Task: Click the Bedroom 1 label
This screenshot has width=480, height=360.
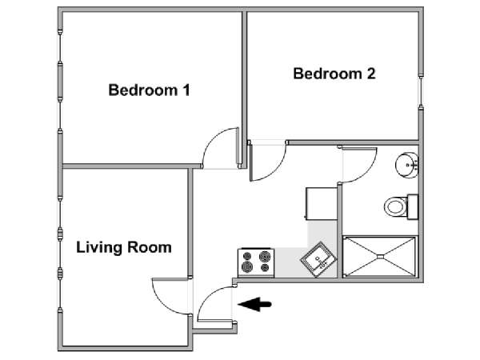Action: [x=149, y=90]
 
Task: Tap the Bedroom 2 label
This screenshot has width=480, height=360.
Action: [x=334, y=74]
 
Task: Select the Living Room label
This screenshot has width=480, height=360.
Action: [x=124, y=247]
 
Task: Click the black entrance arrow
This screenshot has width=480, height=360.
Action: [x=254, y=304]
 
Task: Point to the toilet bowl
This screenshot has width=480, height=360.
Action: [x=395, y=207]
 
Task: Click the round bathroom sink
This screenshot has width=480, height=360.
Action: [x=406, y=166]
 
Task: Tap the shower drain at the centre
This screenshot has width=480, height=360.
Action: [x=379, y=257]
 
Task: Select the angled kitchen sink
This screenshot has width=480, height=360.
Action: [x=318, y=259]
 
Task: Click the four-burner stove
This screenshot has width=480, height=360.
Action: [x=256, y=263]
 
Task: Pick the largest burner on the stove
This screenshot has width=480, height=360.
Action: [x=266, y=256]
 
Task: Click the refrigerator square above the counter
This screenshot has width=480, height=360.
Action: [x=321, y=203]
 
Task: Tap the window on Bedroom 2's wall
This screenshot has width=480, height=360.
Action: [x=421, y=90]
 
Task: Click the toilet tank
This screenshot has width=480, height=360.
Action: [x=413, y=206]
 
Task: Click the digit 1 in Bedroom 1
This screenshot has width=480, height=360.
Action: [x=186, y=90]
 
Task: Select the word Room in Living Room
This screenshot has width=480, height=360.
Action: [x=150, y=246]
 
